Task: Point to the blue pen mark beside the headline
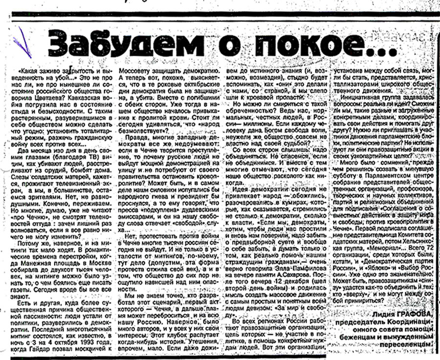(22, 41)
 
